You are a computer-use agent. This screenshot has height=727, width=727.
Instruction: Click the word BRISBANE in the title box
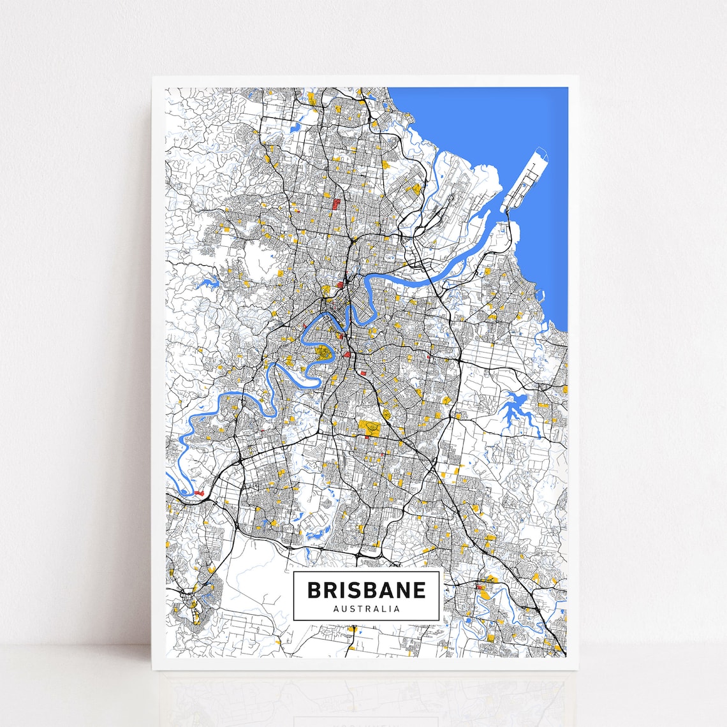click(366, 590)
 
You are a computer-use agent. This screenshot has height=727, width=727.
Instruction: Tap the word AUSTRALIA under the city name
click(366, 608)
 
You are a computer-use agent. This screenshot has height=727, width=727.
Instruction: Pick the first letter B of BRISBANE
click(314, 590)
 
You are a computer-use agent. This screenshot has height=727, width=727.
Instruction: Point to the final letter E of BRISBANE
click(419, 590)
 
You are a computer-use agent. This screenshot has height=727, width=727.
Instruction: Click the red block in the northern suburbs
click(335, 204)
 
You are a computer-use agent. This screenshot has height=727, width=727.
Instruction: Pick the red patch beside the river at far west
click(198, 492)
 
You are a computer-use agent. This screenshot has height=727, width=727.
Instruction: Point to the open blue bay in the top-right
click(485, 121)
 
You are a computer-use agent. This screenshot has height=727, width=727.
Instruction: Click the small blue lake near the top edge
click(295, 128)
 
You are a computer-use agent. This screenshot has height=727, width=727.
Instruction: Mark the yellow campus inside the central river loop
click(325, 352)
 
